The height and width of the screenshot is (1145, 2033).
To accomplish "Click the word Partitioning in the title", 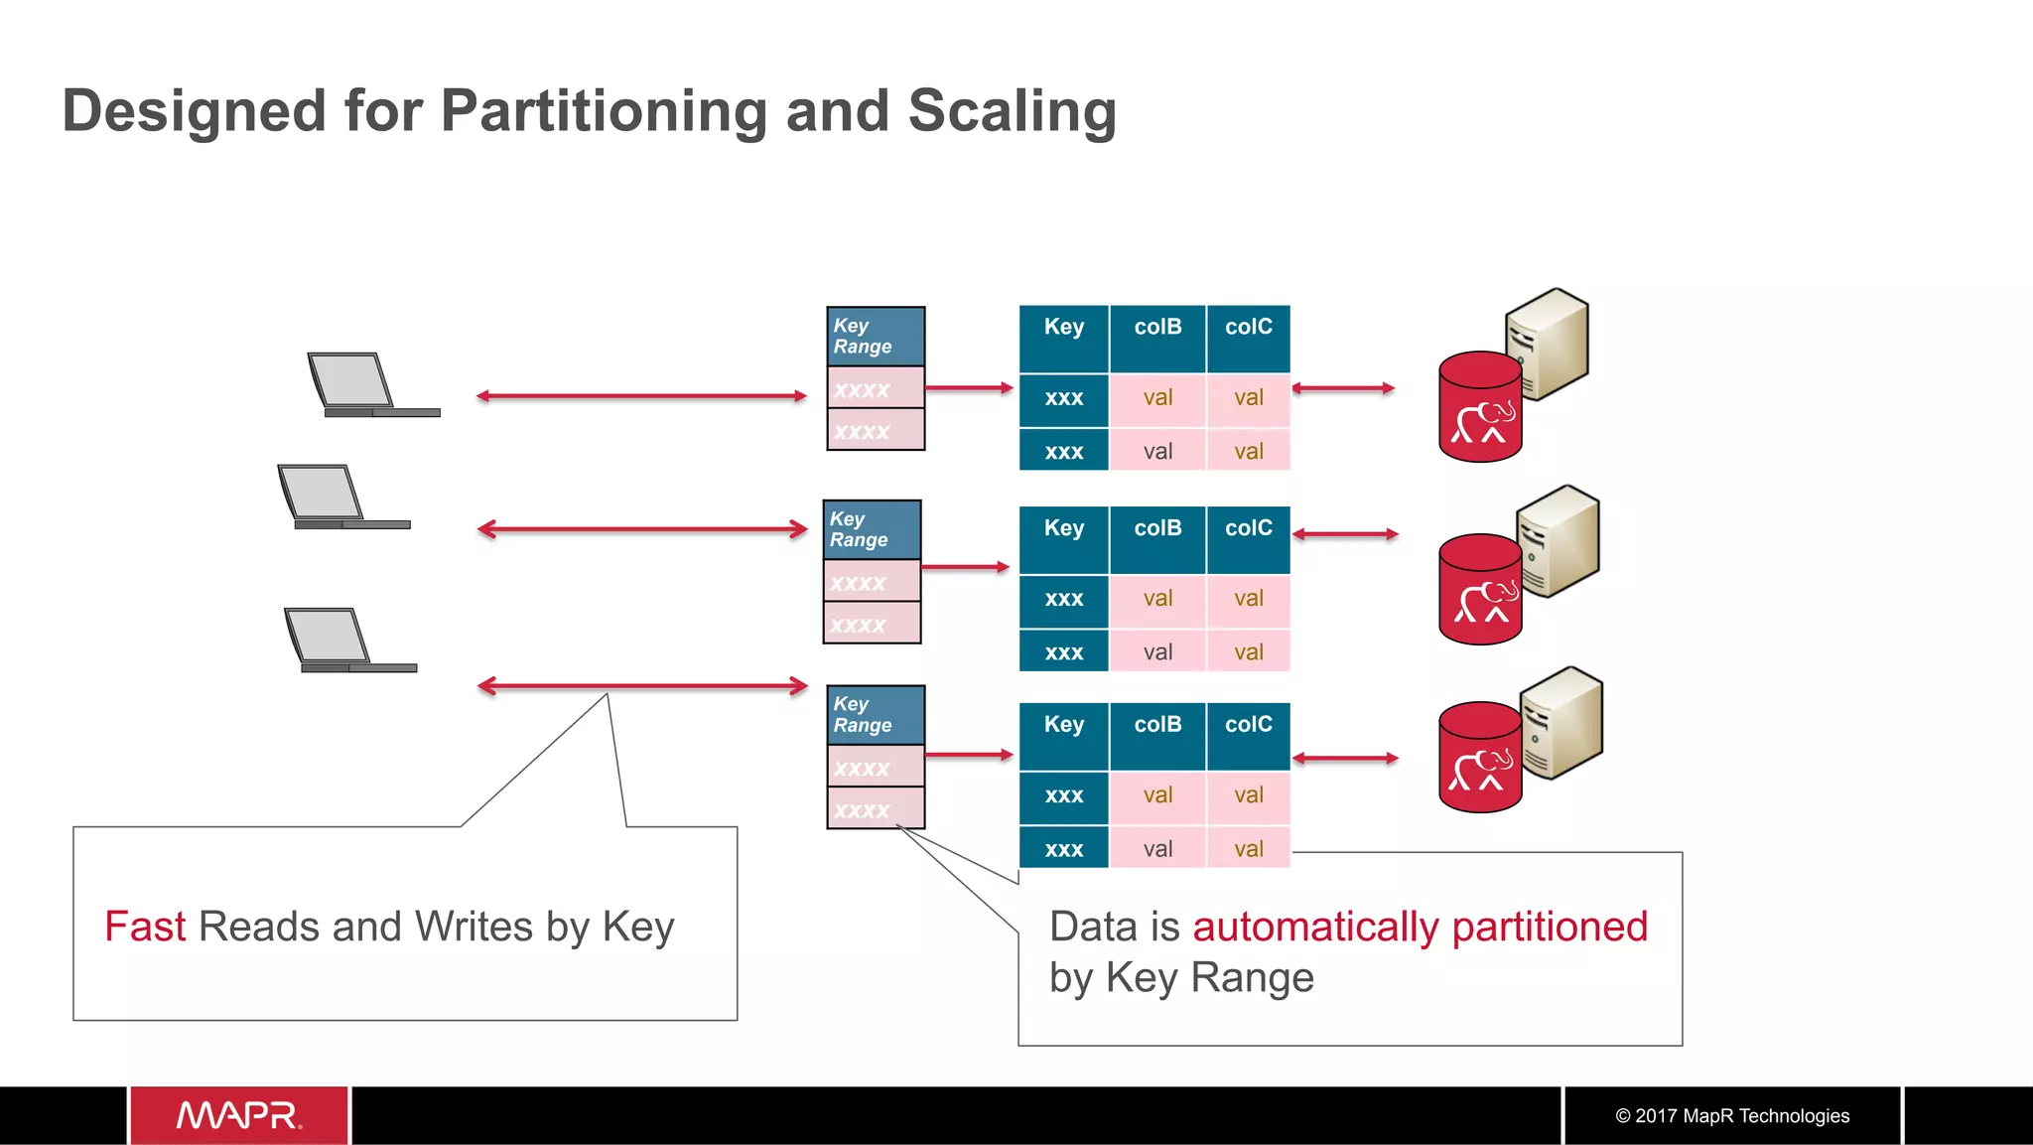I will pos(604,110).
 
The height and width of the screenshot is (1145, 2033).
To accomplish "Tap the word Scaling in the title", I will pos(1012,110).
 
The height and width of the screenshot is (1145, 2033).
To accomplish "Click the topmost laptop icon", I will pos(366,385).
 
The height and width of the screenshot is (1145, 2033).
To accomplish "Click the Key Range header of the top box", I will pos(875,337).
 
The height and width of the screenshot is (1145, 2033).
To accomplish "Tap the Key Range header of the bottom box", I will pos(875,715).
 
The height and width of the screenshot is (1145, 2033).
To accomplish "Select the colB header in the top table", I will pos(1157,328).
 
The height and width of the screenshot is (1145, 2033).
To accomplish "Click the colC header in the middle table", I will pos(1248,528).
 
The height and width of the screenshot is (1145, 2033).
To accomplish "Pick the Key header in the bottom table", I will pos(1063,725).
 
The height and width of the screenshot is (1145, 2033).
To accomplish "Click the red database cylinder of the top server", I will pos(1479,407).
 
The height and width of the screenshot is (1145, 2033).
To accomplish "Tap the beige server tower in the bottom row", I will pos(1562,722).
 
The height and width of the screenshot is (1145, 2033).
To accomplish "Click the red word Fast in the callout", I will pos(145,927).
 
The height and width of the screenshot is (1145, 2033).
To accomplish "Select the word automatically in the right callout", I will pos(1315,927).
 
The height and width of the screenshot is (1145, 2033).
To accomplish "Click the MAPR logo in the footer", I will pos(239,1115).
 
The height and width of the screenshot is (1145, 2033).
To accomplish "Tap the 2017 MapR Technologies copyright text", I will pos(1732,1116).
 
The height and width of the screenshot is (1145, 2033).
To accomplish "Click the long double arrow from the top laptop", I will pos(641,396).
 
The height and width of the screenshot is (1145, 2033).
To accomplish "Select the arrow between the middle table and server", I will pos(1345,534).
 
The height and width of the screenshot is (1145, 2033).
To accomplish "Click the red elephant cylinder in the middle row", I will pos(1479,590).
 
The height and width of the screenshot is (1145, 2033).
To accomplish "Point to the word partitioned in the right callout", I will pos(1550,927).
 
